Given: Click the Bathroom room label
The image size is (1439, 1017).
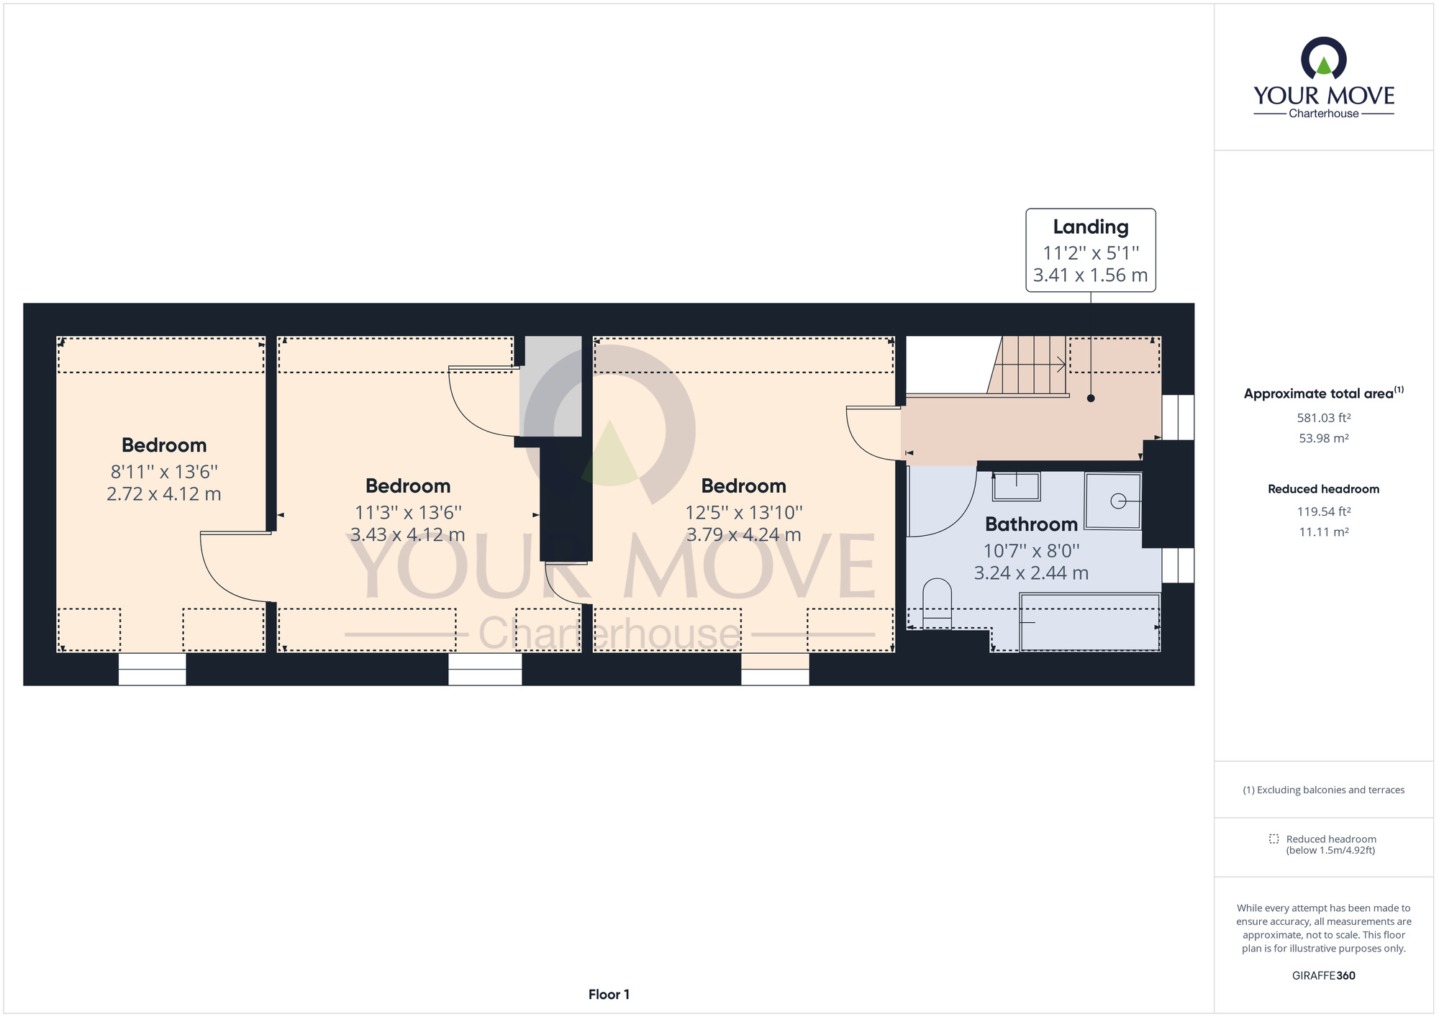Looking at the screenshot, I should pos(1031,524).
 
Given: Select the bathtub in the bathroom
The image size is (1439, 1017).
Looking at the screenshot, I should pos(1090,622).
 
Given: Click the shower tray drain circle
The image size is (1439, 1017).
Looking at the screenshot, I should pos(1118,501).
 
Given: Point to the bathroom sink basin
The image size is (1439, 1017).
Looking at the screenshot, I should pos(1016,487).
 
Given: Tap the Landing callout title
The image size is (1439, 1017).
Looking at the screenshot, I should pos(1090,227).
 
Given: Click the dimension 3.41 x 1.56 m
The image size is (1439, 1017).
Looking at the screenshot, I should pos(1090,275).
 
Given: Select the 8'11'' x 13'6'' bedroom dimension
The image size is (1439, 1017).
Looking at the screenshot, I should pos(164,472).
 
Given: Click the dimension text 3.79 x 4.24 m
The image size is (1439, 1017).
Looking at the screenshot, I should pos(743,535).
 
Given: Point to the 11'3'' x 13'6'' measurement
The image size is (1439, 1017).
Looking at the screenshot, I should pos(408,513).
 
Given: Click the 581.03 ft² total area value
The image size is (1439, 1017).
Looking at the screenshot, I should pos(1323,418).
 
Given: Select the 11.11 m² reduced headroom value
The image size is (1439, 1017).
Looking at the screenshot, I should pos(1323,532).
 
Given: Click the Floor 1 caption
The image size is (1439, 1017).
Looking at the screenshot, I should pos(609,994).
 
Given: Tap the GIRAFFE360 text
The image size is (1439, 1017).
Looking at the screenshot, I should pos(1323,975).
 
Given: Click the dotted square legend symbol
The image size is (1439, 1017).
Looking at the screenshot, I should pos(1274,839).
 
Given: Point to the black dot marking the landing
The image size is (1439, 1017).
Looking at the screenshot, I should pos(1091,398).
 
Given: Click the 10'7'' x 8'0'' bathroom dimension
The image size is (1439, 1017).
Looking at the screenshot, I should pos(1031,551).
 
